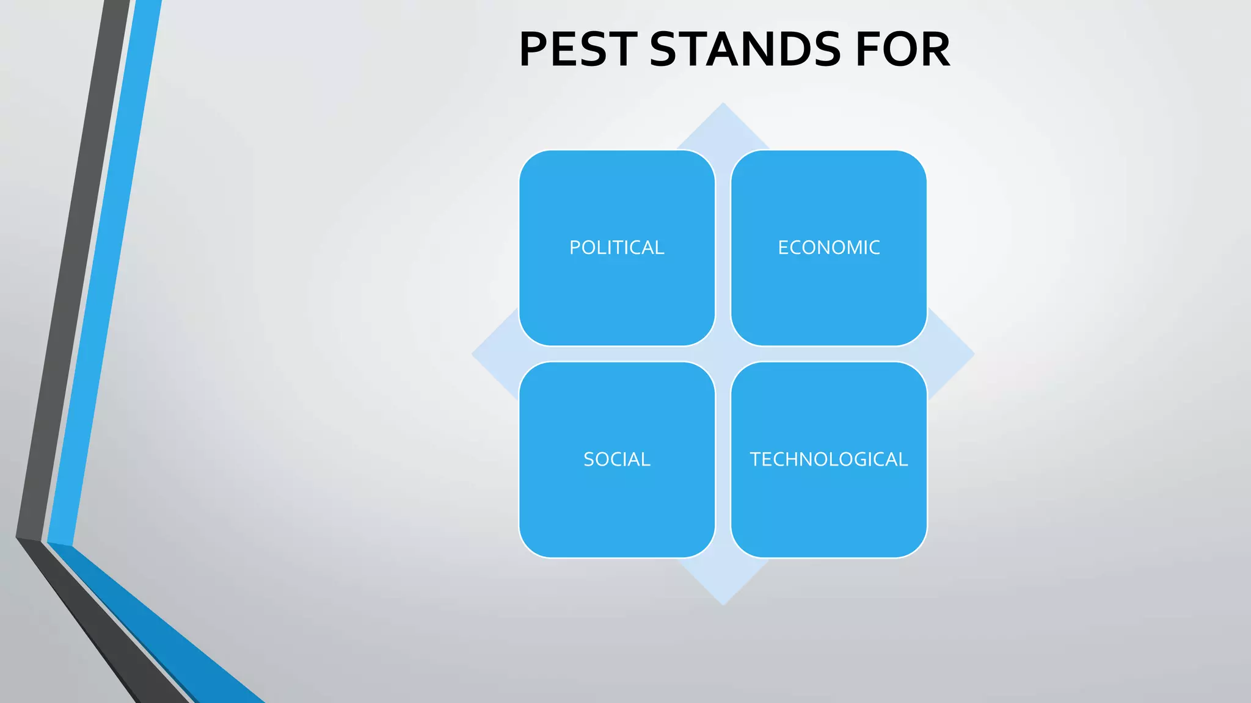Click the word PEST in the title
click(x=577, y=49)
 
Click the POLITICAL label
click(x=616, y=248)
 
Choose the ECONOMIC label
click(x=828, y=248)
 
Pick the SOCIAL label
click(x=616, y=460)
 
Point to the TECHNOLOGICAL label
click(x=828, y=460)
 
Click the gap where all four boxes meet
click(x=723, y=354)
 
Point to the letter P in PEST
click(x=534, y=49)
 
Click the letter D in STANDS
click(x=792, y=49)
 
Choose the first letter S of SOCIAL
click(x=589, y=460)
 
